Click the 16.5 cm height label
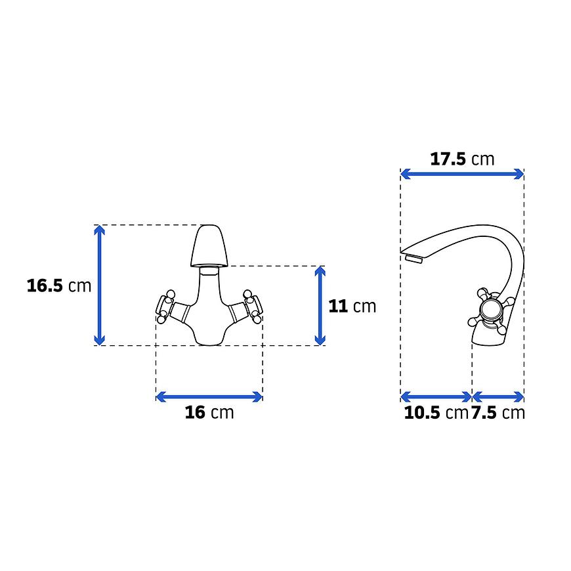(x=59, y=285)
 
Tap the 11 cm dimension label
(x=352, y=307)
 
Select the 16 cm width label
(x=209, y=412)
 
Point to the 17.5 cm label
(x=462, y=159)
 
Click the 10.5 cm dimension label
(x=436, y=413)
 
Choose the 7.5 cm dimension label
(x=498, y=413)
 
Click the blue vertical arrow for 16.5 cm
(x=99, y=285)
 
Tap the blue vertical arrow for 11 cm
(x=320, y=306)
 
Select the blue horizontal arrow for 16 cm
(x=209, y=396)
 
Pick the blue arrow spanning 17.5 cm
(x=462, y=174)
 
